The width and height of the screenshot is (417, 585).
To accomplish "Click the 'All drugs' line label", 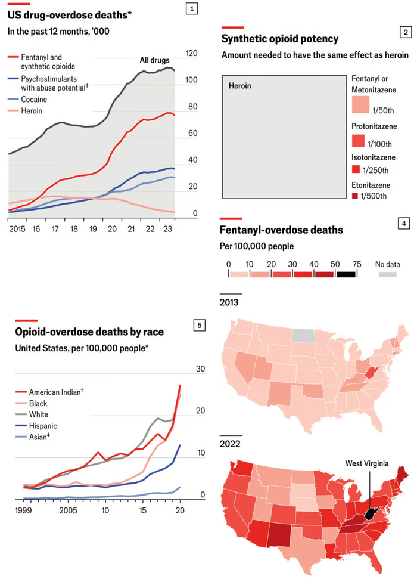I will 154,60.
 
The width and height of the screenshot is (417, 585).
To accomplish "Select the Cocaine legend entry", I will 34,100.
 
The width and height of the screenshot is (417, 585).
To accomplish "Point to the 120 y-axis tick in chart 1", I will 192,53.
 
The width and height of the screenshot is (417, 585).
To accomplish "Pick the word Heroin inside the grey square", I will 240,86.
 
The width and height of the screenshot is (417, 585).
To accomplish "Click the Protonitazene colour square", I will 359,141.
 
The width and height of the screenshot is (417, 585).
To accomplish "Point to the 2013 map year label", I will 229,302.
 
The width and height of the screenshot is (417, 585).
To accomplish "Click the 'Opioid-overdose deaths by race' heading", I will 89,332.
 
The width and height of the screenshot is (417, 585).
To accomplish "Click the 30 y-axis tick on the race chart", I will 200,369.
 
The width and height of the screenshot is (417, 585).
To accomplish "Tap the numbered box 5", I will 200,325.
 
